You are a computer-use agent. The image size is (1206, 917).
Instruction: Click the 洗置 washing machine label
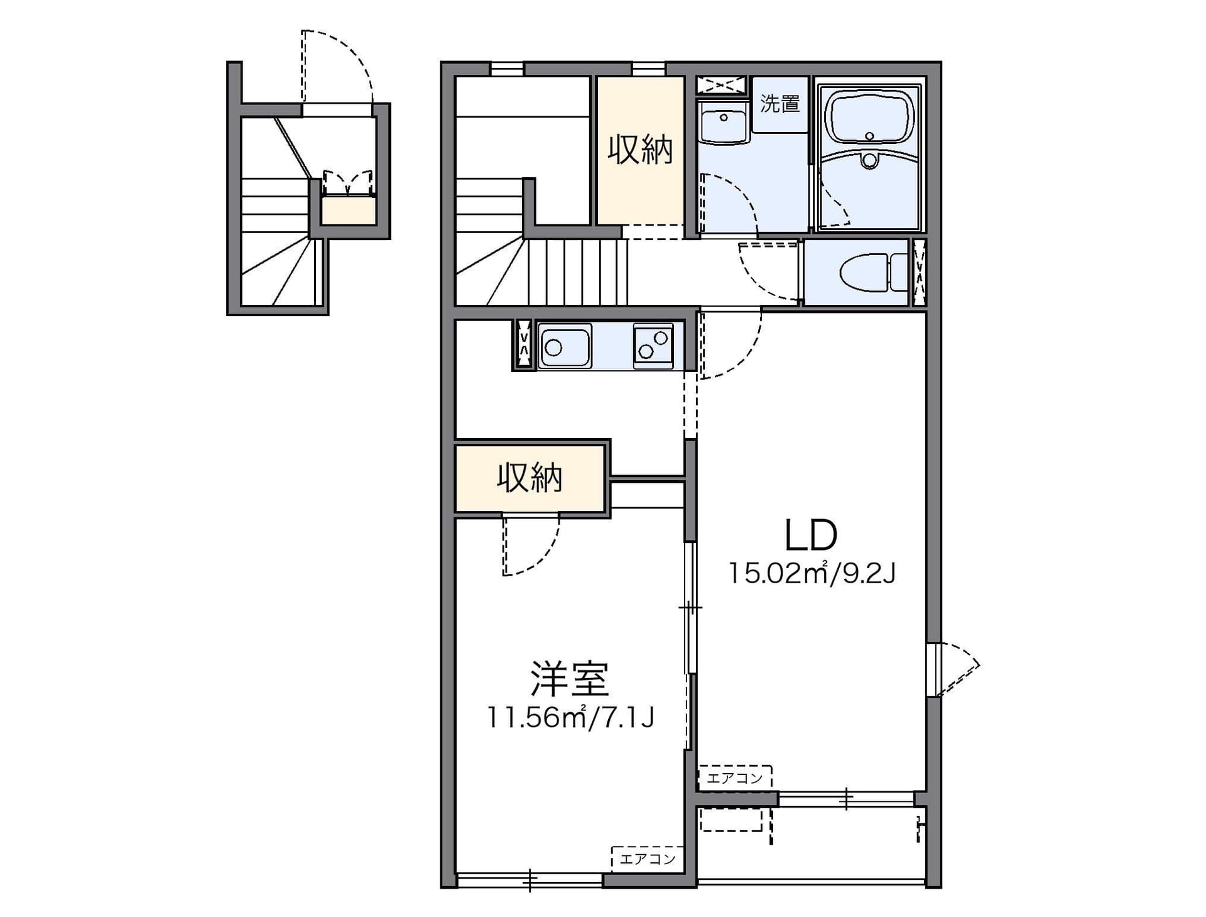click(780, 103)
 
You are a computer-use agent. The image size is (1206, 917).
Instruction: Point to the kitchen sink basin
click(564, 346)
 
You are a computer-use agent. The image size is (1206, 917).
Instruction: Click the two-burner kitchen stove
click(653, 346)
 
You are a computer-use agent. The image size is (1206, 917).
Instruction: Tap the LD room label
click(811, 535)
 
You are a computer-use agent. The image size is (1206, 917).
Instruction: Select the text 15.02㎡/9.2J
click(812, 573)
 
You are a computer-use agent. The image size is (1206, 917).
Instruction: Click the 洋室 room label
click(570, 679)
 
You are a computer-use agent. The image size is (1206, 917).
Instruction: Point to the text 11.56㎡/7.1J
click(571, 717)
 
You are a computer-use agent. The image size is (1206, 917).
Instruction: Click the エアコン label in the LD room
click(734, 777)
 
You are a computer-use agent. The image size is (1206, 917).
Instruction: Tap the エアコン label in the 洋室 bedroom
click(648, 858)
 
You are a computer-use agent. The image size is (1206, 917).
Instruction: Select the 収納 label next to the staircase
click(640, 150)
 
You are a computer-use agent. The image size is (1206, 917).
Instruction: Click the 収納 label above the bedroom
click(530, 478)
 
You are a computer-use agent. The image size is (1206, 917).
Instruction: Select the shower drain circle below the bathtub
click(869, 160)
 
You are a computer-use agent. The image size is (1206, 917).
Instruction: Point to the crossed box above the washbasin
click(722, 85)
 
